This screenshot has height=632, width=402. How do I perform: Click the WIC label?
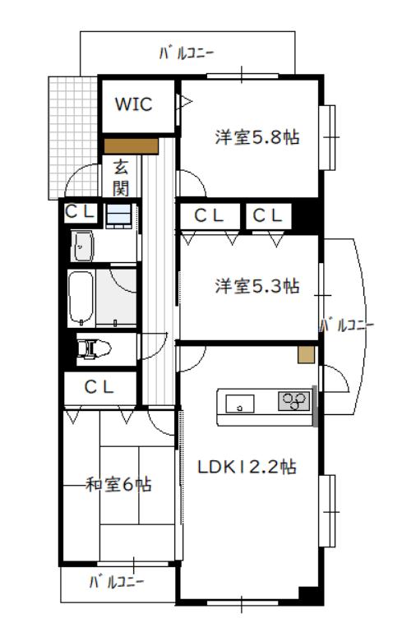tap(133, 104)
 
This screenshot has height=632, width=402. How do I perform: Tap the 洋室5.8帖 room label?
tap(256, 137)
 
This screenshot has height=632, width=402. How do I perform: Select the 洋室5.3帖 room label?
tap(256, 286)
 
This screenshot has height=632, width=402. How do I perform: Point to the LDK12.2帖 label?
tap(247, 467)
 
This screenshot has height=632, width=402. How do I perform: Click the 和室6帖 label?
tap(119, 484)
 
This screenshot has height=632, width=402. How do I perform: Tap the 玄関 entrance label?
tap(121, 178)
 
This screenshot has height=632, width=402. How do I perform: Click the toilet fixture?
tap(95, 348)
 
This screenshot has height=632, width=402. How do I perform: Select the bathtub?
tap(81, 298)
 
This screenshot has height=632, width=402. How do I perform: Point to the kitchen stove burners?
tap(294, 401)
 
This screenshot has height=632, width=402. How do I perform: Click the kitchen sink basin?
tap(239, 404)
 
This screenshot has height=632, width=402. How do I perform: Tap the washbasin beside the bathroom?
tap(82, 246)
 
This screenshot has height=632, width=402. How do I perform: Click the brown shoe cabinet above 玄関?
tap(131, 146)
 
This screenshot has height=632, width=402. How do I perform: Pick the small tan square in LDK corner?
tap(306, 355)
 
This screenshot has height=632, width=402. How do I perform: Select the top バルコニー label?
tap(186, 53)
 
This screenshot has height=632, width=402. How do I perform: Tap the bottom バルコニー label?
tap(116, 582)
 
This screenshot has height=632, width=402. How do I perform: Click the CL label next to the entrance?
tap(81, 211)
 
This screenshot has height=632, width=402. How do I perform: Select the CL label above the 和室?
tap(99, 387)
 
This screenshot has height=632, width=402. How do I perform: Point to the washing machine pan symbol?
tap(118, 215)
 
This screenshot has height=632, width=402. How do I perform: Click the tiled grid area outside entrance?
tap(72, 137)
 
